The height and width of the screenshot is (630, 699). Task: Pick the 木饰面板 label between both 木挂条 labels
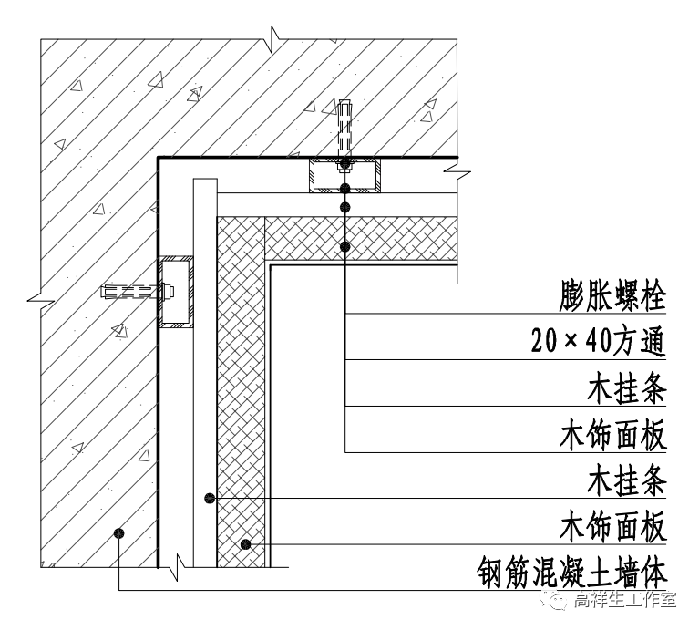613,435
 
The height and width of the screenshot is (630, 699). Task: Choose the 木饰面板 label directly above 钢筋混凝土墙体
613,528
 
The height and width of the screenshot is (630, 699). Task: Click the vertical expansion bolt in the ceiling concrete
344,128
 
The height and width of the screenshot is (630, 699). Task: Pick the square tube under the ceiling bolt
344,175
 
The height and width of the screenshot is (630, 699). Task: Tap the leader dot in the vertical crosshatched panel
244,545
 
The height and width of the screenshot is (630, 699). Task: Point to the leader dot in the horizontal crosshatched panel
345,246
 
